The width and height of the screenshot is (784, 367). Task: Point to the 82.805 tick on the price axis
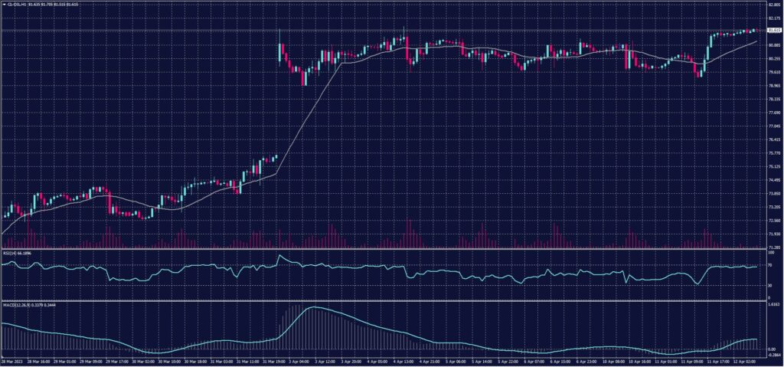point(773,5)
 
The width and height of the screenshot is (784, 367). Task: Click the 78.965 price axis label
point(773,86)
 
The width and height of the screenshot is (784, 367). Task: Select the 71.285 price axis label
point(773,247)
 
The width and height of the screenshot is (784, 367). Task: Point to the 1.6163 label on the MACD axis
point(773,304)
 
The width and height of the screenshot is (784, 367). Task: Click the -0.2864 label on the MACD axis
point(773,356)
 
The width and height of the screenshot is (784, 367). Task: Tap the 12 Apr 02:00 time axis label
point(746,361)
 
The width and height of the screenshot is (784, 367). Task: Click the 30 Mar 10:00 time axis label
point(168,361)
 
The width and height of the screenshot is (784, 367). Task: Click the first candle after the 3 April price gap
point(279,50)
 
